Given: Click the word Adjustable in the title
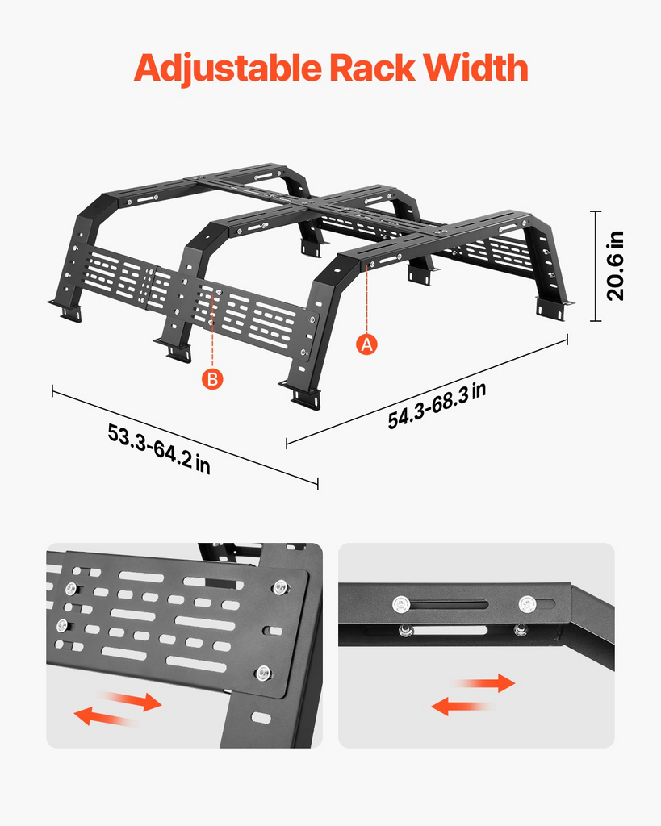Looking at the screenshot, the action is pos(228,69).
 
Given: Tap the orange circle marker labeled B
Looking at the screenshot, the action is pos(212,379).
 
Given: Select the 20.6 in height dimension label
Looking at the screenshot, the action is pos(615,266).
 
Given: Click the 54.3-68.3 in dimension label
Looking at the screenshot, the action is pos(437,407).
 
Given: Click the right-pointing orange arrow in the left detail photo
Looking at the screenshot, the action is pos(132,699).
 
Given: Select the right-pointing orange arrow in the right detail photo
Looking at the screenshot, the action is pos(485,682).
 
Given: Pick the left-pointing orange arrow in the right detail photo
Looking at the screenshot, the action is pos(462,705).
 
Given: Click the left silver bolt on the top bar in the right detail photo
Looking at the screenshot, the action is pos(402,604).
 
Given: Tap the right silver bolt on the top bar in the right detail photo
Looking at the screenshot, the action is pos(527,604).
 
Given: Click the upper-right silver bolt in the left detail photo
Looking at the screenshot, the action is pos(280,587).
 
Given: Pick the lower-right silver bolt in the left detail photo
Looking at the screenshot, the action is pos(263,673).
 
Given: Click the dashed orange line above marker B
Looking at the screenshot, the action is pos(212,331).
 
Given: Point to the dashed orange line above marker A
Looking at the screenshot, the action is pos(367,300).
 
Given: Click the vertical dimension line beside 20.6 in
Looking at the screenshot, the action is pos(596,266).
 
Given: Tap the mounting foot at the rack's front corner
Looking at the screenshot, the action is pos(303,395).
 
